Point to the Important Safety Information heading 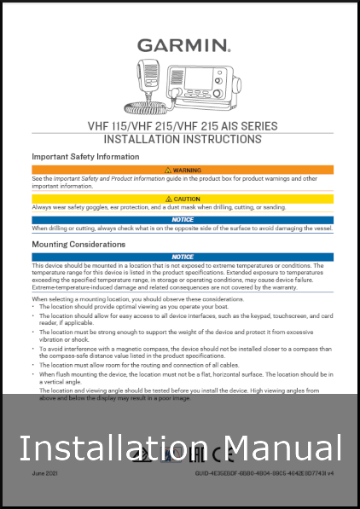tap(85, 157)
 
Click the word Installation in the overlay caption tap(111, 448)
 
